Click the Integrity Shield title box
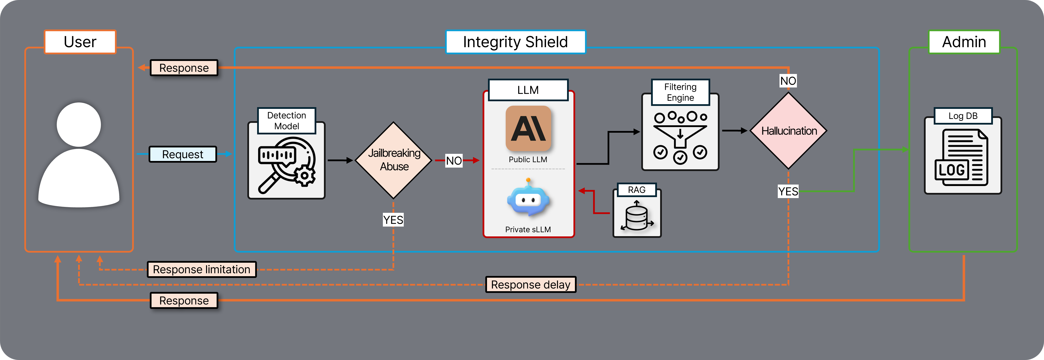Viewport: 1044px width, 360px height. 515,42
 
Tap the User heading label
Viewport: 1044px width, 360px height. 80,42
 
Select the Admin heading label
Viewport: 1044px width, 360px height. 964,42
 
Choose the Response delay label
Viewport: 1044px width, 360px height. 530,285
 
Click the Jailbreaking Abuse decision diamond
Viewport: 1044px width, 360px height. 393,160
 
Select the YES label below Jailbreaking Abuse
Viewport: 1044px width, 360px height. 393,220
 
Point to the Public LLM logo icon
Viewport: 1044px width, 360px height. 528,129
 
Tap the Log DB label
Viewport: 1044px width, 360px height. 963,116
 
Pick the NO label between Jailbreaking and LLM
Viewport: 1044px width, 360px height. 454,160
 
